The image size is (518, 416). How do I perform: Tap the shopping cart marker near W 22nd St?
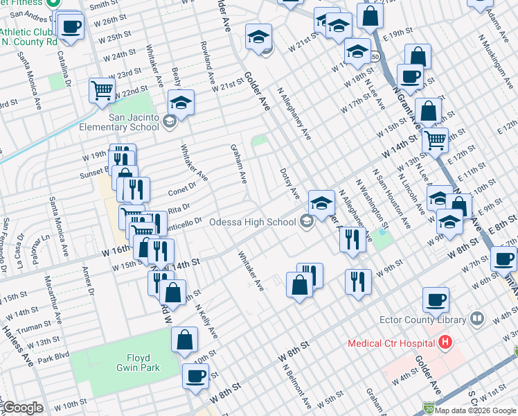(102, 91)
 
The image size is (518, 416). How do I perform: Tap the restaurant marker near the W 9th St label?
(359, 281)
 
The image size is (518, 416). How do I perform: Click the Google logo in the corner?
(23, 408)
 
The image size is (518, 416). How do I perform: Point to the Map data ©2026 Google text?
(476, 410)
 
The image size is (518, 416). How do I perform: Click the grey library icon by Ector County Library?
(476, 319)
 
